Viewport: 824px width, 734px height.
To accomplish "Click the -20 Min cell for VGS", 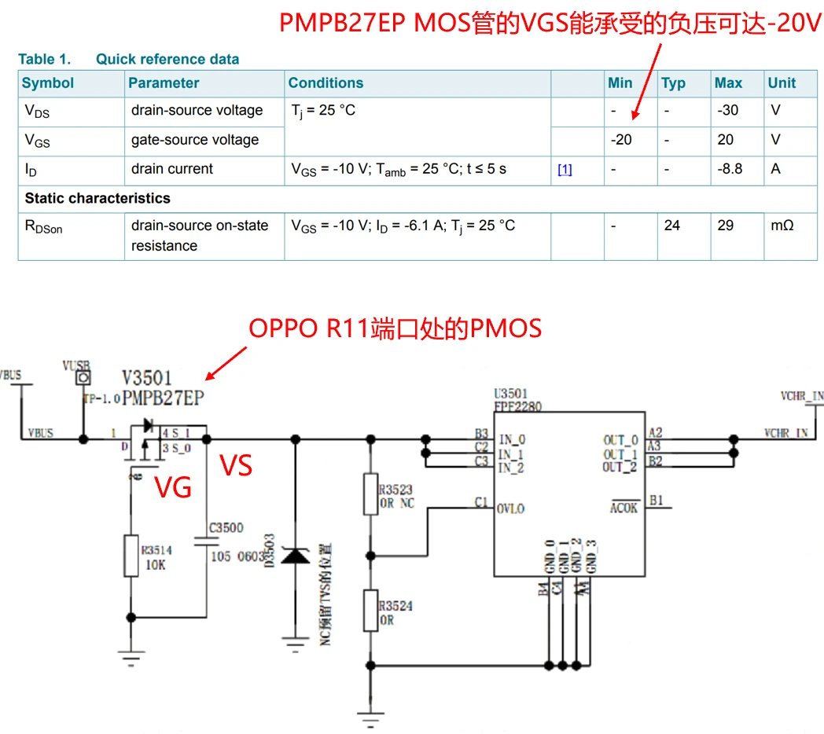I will [621, 140].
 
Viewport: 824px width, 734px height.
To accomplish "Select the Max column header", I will [728, 83].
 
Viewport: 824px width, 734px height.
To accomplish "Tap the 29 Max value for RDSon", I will [726, 226].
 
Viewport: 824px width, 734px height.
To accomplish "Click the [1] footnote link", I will [565, 170].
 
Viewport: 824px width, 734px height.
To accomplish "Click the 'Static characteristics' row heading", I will [97, 198].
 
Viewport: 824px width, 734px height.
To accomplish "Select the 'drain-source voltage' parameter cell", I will [197, 111].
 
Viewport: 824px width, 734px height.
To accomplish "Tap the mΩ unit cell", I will [782, 226].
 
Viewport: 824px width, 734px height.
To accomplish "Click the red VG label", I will [173, 487].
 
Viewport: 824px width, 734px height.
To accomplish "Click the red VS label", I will [236, 465].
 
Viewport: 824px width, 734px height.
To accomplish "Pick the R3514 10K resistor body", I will [131, 554].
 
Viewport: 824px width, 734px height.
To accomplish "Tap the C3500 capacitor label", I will [226, 528].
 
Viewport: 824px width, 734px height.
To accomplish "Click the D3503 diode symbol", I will [296, 556].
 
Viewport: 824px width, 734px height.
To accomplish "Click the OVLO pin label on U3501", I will [510, 508].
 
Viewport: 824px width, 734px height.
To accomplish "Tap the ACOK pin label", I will [624, 508].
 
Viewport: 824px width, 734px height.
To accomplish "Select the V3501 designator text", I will [146, 379].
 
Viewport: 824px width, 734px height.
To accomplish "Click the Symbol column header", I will [48, 83].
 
